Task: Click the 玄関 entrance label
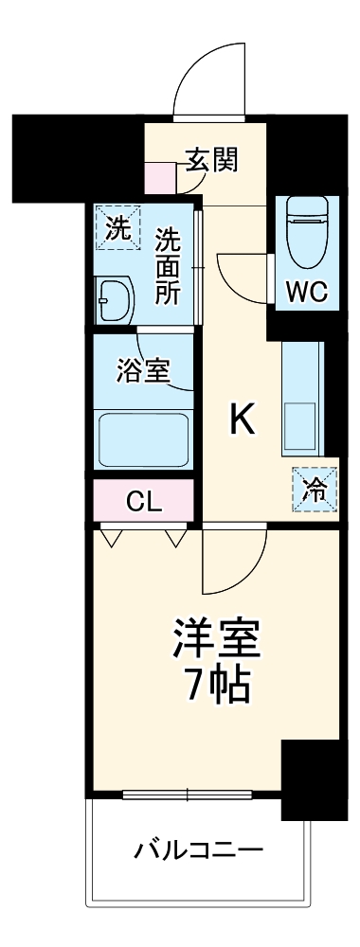pyautogui.click(x=211, y=159)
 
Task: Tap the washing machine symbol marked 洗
pyautogui.click(x=117, y=226)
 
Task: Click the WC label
pyautogui.click(x=307, y=293)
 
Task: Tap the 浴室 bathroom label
pyautogui.click(x=143, y=370)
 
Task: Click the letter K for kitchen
pyautogui.click(x=242, y=420)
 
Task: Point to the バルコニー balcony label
pyautogui.click(x=197, y=848)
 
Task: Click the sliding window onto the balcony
pyautogui.click(x=187, y=794)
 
